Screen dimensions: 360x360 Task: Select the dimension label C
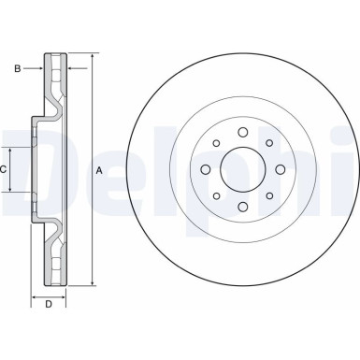[4, 169]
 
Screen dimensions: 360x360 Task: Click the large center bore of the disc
[241, 170]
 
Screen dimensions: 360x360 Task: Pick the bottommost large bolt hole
[241, 207]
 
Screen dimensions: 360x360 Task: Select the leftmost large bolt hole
[205, 170]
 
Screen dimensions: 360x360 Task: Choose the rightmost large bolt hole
[278, 170]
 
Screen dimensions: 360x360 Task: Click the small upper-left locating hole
[216, 144]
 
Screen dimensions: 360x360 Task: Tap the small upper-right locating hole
[267, 144]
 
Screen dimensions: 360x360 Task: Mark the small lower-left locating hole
[216, 196]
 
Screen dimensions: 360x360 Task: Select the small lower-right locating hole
[267, 196]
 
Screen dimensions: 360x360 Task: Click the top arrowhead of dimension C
[11, 151]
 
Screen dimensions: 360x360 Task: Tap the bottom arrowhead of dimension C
[11, 190]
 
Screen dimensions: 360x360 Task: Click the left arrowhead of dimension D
[36, 294]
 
